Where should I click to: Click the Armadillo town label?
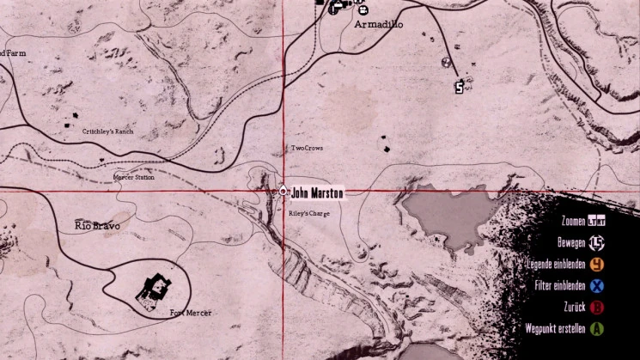(378, 25)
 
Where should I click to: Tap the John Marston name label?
(316, 192)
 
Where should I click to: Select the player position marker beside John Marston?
(283, 191)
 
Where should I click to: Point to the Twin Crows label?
(307, 148)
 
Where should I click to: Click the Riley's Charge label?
(308, 213)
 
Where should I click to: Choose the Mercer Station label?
(134, 177)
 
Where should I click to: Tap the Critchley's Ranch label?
(108, 131)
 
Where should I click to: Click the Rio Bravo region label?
(97, 226)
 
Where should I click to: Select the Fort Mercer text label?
(191, 313)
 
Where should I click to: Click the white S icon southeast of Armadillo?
(460, 87)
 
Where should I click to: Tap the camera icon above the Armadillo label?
(363, 10)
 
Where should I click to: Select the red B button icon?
(596, 307)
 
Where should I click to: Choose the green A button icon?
(596, 327)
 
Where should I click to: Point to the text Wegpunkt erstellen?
(555, 327)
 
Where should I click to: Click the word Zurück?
(570, 307)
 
